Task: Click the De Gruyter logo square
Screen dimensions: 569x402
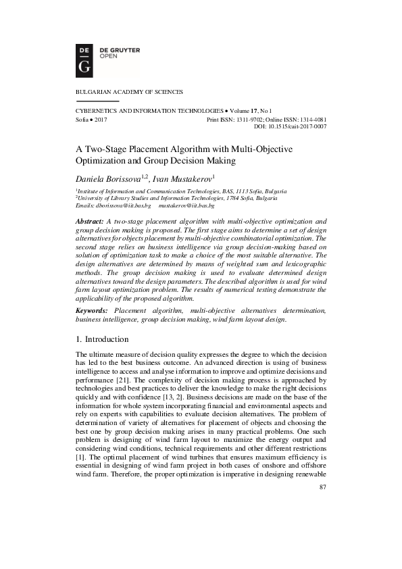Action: click(84, 58)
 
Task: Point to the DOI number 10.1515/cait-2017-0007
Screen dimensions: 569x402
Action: click(299, 126)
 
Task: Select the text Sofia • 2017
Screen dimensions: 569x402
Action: click(91, 118)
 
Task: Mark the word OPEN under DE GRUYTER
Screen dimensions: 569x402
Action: click(109, 57)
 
